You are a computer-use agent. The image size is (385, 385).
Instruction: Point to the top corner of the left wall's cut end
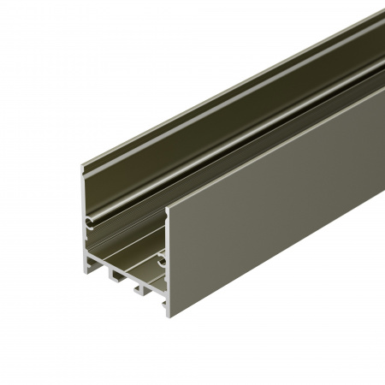click(83, 164)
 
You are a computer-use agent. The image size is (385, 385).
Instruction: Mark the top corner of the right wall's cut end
click(167, 210)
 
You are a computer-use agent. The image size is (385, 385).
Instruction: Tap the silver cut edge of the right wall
click(168, 265)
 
